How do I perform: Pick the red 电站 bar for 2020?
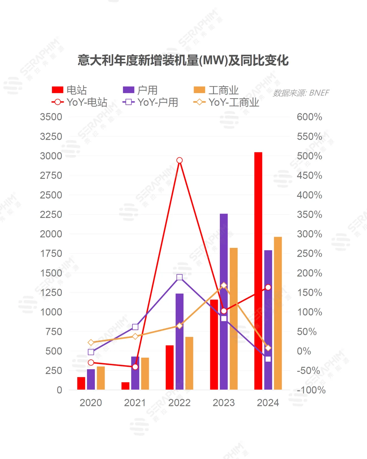tap(81, 383)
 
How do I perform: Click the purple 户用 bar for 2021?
tap(135, 373)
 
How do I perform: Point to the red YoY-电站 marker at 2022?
tap(179, 160)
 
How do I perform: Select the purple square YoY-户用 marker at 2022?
tap(179, 277)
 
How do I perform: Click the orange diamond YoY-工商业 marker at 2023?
tap(224, 285)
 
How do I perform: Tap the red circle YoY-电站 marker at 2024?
tap(268, 287)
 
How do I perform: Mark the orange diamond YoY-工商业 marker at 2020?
tap(91, 342)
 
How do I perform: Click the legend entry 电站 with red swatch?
tap(69, 90)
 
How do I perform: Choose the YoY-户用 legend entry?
tap(150, 102)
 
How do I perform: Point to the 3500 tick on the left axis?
tap(51, 117)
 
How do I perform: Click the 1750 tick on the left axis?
tap(51, 253)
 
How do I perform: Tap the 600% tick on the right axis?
tap(309, 117)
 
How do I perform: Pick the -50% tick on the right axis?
tap(308, 370)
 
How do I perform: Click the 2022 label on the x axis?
tap(179, 403)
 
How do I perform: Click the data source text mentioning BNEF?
tap(301, 93)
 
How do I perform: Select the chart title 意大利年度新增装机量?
tap(183, 61)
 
